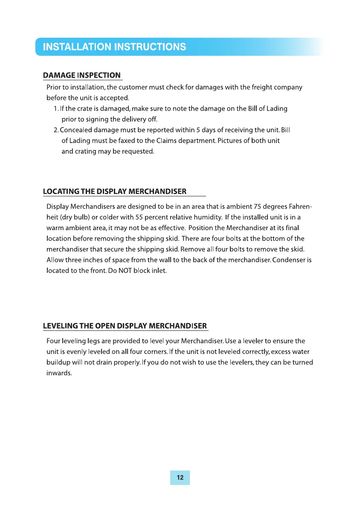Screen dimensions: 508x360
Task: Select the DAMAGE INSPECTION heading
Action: (x=82, y=76)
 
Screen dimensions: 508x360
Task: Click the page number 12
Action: (x=180, y=478)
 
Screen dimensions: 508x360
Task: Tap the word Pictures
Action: (x=231, y=141)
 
